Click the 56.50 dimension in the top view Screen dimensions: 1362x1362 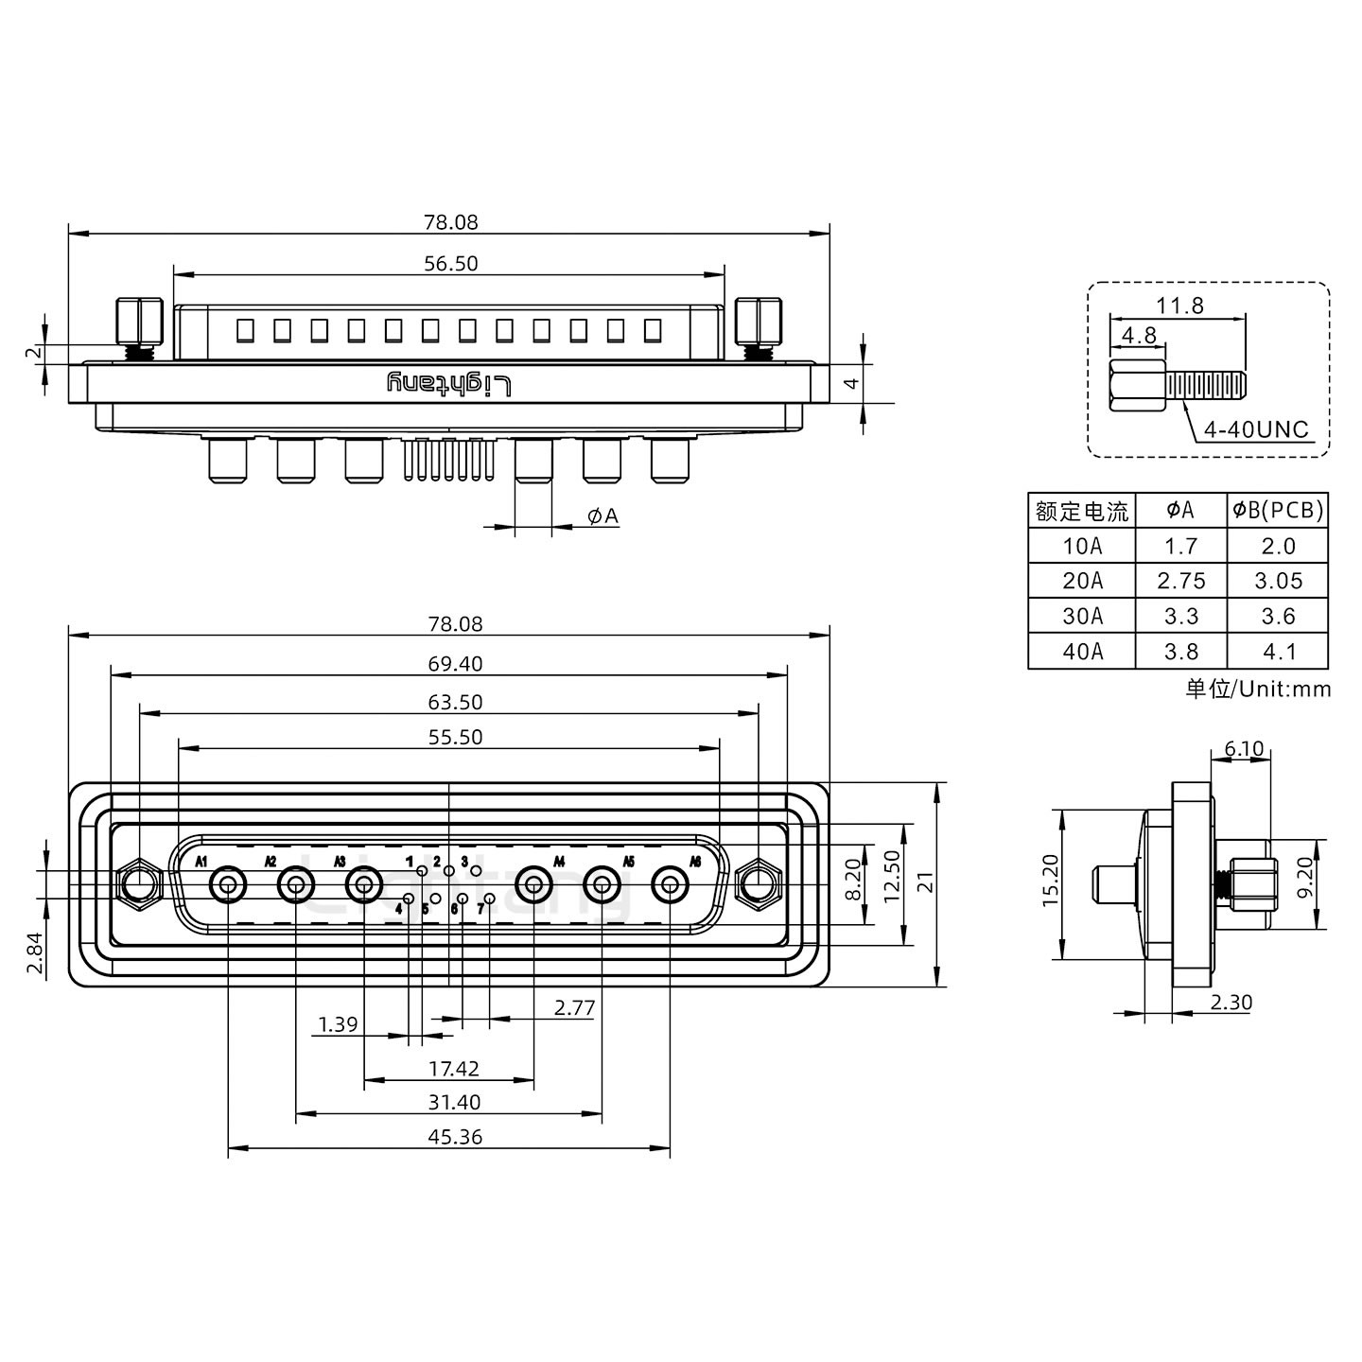(x=450, y=264)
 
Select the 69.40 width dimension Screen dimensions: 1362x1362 (x=455, y=664)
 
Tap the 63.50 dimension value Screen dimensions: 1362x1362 (x=455, y=702)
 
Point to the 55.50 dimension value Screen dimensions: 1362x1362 (x=455, y=737)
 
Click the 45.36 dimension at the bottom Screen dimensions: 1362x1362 (x=455, y=1137)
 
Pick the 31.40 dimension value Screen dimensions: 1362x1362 (x=454, y=1102)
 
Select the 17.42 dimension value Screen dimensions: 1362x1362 (x=454, y=1069)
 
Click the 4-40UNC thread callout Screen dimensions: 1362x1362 (x=1255, y=429)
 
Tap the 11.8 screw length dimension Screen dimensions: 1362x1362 (x=1179, y=306)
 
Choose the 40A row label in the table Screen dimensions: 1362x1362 (x=1082, y=652)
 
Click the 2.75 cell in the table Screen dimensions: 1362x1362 (x=1180, y=581)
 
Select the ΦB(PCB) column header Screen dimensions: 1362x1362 (x=1278, y=511)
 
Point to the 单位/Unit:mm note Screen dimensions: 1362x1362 (x=1258, y=689)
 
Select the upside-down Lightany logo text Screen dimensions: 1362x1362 (x=450, y=383)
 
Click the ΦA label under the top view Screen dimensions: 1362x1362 (x=602, y=515)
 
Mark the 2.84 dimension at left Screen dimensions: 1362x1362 (x=35, y=952)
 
